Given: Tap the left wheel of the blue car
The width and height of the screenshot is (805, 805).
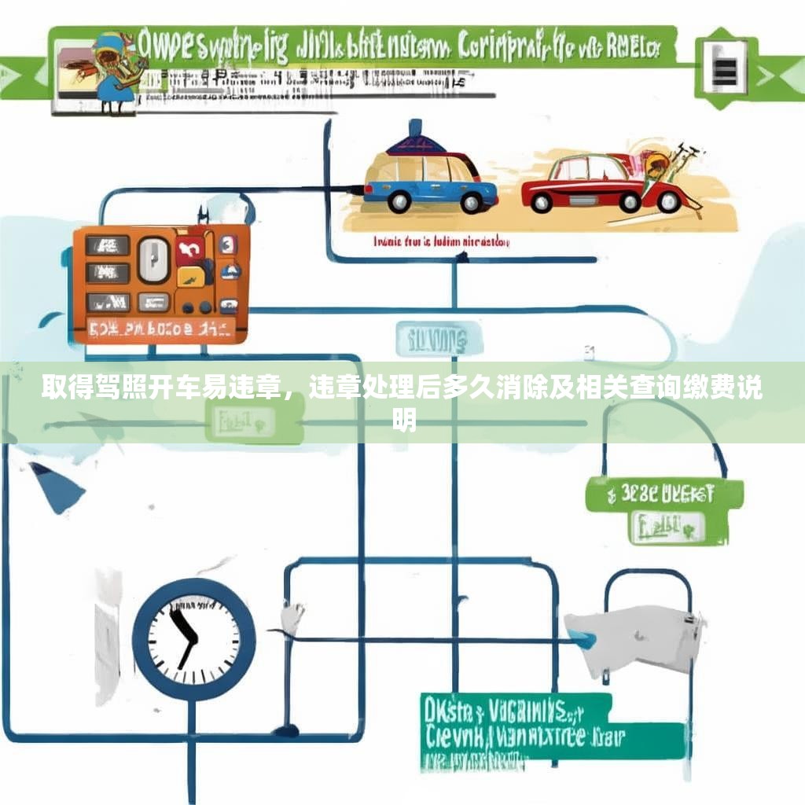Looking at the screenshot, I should click(x=399, y=200).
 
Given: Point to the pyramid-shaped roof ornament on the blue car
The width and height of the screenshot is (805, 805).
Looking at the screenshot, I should click(x=416, y=140).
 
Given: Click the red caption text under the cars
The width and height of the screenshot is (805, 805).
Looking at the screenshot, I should click(x=441, y=242).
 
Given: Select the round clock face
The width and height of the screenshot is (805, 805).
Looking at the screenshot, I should click(x=193, y=638).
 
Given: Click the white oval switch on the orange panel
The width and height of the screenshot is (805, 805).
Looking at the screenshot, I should click(x=154, y=260).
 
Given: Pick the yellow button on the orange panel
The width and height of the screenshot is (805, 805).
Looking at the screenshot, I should click(x=189, y=276).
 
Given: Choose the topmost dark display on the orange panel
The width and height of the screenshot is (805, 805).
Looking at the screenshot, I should click(x=108, y=245).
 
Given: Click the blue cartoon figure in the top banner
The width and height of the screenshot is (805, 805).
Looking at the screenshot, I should click(x=110, y=71).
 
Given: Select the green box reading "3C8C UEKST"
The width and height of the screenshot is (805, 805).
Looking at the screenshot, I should click(x=664, y=494).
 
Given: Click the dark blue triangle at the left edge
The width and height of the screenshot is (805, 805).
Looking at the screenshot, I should click(x=57, y=486).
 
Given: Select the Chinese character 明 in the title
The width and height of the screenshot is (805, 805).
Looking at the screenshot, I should click(x=403, y=422).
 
